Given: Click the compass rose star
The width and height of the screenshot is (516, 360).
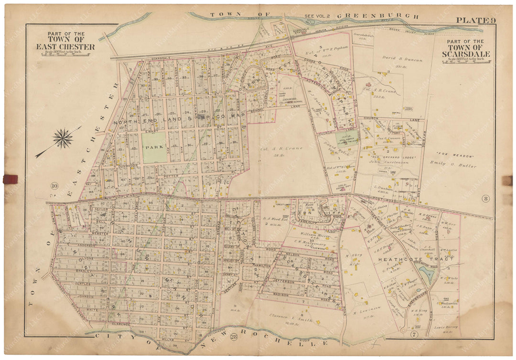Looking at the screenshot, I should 63,138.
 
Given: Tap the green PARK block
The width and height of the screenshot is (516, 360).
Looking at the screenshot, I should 154,148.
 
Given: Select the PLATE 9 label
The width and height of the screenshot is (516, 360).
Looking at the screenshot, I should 474,20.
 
